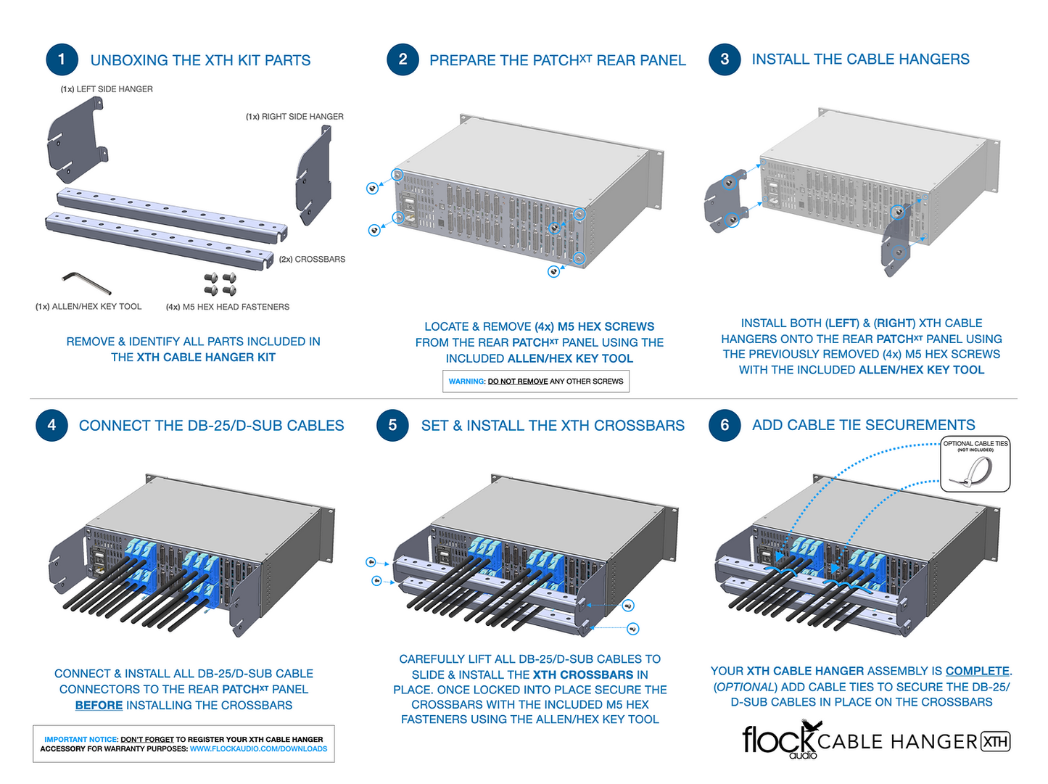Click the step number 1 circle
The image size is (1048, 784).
(x=62, y=59)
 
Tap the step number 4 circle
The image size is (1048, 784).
(x=51, y=425)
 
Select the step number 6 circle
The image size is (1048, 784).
(x=725, y=425)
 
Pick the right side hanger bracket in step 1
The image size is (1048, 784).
(x=314, y=175)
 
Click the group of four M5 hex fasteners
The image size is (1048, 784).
(x=220, y=284)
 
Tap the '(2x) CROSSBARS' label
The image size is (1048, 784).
(x=312, y=259)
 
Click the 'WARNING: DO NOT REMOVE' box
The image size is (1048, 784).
(x=536, y=381)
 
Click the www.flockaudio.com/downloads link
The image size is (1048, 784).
(x=258, y=749)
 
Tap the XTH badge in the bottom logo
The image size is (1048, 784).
(x=995, y=742)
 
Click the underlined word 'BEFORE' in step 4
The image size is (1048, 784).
(x=99, y=705)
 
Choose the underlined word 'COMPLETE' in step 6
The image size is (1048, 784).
(x=977, y=671)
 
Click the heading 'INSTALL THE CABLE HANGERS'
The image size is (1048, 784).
(x=860, y=59)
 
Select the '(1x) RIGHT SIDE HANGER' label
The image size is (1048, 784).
(x=294, y=117)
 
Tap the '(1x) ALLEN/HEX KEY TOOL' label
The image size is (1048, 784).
(x=88, y=307)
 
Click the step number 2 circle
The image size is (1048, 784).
(x=403, y=59)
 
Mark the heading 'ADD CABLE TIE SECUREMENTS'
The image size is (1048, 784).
(x=863, y=425)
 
